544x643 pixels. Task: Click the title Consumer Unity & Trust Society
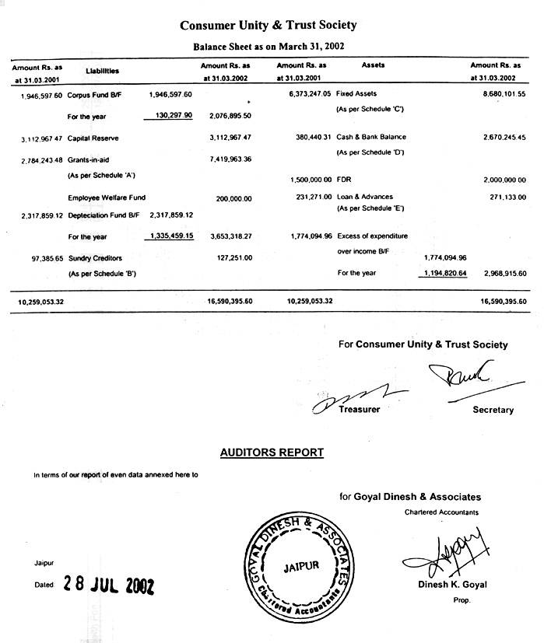(x=268, y=25)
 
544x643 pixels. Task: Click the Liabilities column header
(x=102, y=71)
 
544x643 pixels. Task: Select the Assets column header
(x=374, y=65)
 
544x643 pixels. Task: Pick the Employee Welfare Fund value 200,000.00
(x=234, y=198)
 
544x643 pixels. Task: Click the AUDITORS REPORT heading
(x=272, y=452)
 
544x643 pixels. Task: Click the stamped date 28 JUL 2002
(x=109, y=585)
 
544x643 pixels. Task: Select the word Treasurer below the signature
(x=360, y=409)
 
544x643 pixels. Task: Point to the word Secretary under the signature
(x=493, y=410)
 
